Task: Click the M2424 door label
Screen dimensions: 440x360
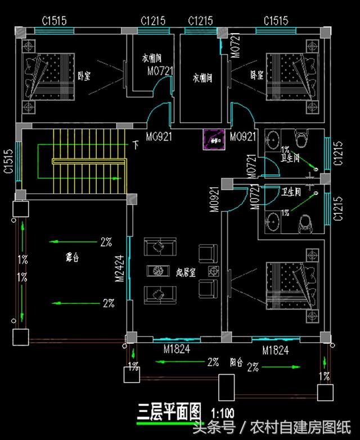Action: pyautogui.click(x=119, y=269)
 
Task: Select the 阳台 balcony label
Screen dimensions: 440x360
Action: pyautogui.click(x=237, y=362)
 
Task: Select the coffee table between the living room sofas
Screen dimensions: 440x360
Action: pyautogui.click(x=157, y=271)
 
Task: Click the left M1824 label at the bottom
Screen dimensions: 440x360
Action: pyautogui.click(x=177, y=349)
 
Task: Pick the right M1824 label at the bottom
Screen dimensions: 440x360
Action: pyautogui.click(x=276, y=351)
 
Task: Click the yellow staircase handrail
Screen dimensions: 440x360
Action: pyautogui.click(x=88, y=161)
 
